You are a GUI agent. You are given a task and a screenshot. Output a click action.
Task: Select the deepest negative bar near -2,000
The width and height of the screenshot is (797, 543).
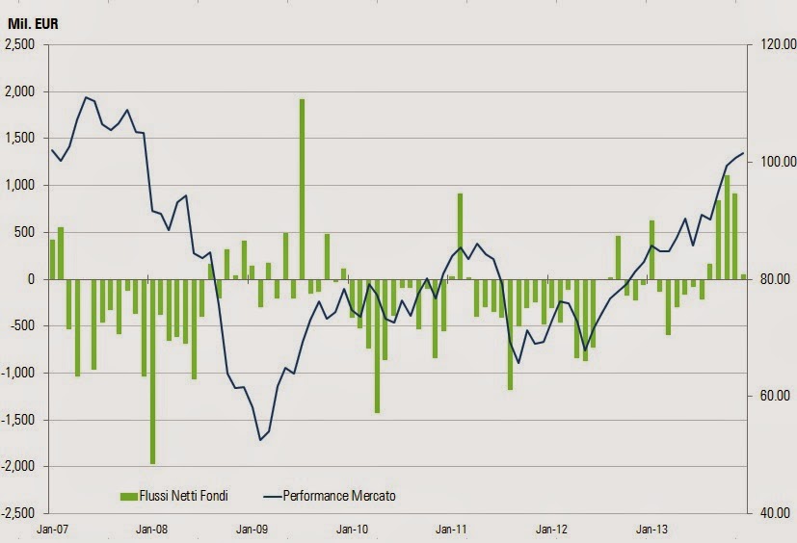coord(152,371)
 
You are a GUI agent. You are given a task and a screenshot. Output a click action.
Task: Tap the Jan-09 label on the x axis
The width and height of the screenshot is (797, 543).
coord(252,529)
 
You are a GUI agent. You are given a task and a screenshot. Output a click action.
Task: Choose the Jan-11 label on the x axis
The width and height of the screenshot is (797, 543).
coord(452,529)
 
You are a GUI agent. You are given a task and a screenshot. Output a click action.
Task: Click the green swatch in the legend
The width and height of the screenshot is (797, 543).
coord(129,496)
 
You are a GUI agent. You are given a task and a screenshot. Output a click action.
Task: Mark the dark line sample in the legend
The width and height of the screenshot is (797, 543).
coord(273,496)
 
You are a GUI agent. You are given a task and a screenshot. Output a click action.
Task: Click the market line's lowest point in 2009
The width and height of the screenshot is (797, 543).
coord(260,440)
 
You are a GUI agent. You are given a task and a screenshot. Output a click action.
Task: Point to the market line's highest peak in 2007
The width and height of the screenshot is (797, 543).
coord(86,96)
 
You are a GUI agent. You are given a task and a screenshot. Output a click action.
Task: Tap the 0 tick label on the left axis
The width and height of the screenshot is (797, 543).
coord(32,279)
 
